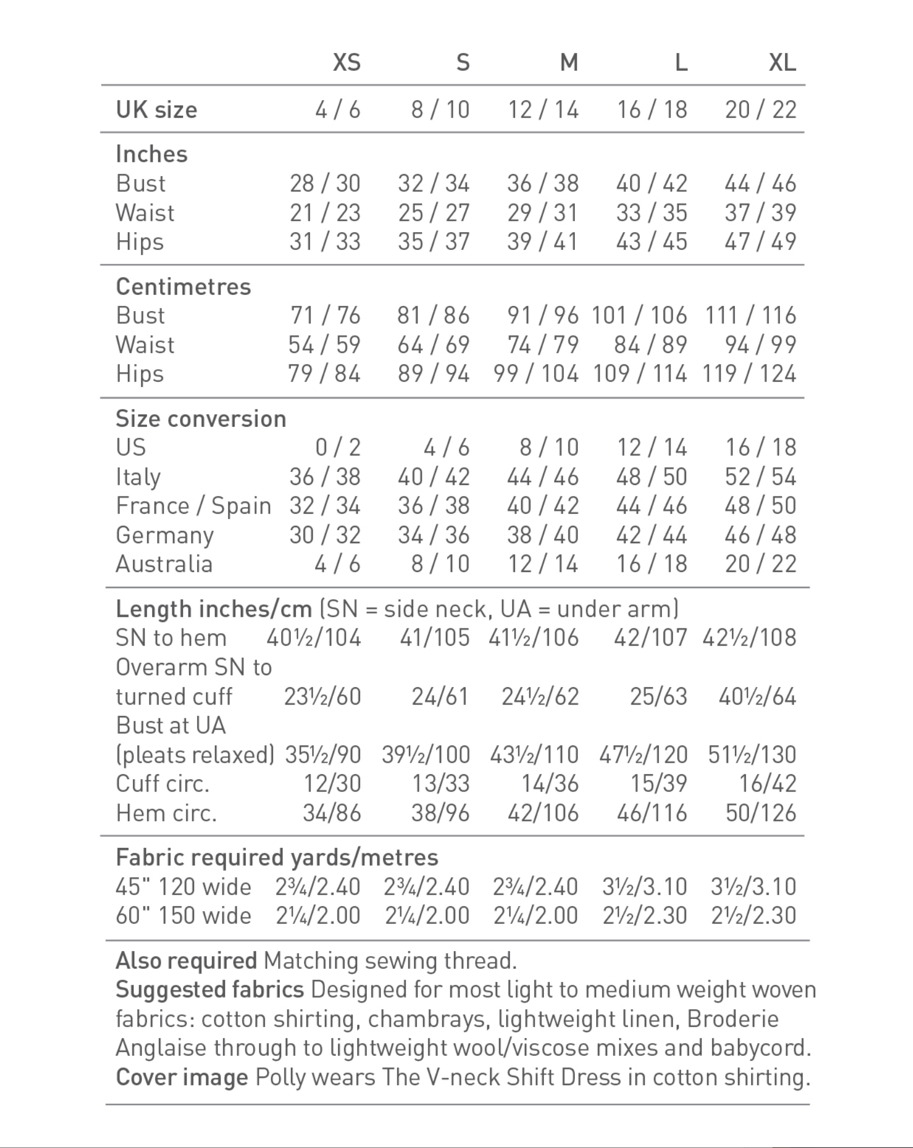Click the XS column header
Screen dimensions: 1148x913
tap(346, 62)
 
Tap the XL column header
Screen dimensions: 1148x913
tap(782, 62)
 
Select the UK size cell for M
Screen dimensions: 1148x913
tap(543, 109)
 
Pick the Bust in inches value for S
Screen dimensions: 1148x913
tap(433, 184)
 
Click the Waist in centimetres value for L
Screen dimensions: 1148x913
tap(650, 344)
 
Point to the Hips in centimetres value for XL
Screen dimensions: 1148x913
tap(749, 374)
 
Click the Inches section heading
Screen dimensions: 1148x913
tap(151, 154)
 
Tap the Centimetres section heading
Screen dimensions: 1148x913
tap(183, 286)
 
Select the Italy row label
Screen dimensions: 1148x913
tap(138, 477)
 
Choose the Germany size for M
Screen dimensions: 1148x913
tap(543, 535)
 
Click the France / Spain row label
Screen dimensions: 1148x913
tap(193, 506)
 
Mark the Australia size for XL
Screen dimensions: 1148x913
tap(760, 564)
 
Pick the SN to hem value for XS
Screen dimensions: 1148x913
tap(313, 638)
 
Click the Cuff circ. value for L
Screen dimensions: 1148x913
tap(658, 783)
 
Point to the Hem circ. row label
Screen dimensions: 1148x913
tap(166, 813)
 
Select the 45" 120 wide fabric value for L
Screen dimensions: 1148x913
tap(645, 886)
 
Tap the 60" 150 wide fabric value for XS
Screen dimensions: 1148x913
tap(318, 915)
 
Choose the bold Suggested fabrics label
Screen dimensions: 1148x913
tap(210, 990)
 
